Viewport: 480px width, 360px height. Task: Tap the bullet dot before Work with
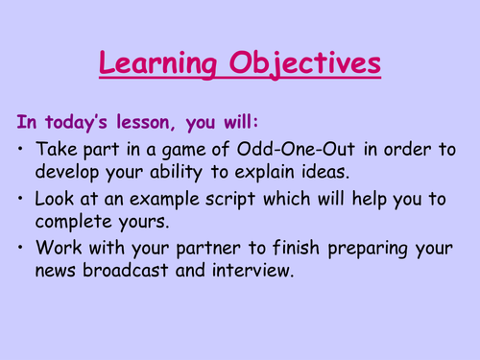[x=23, y=250]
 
